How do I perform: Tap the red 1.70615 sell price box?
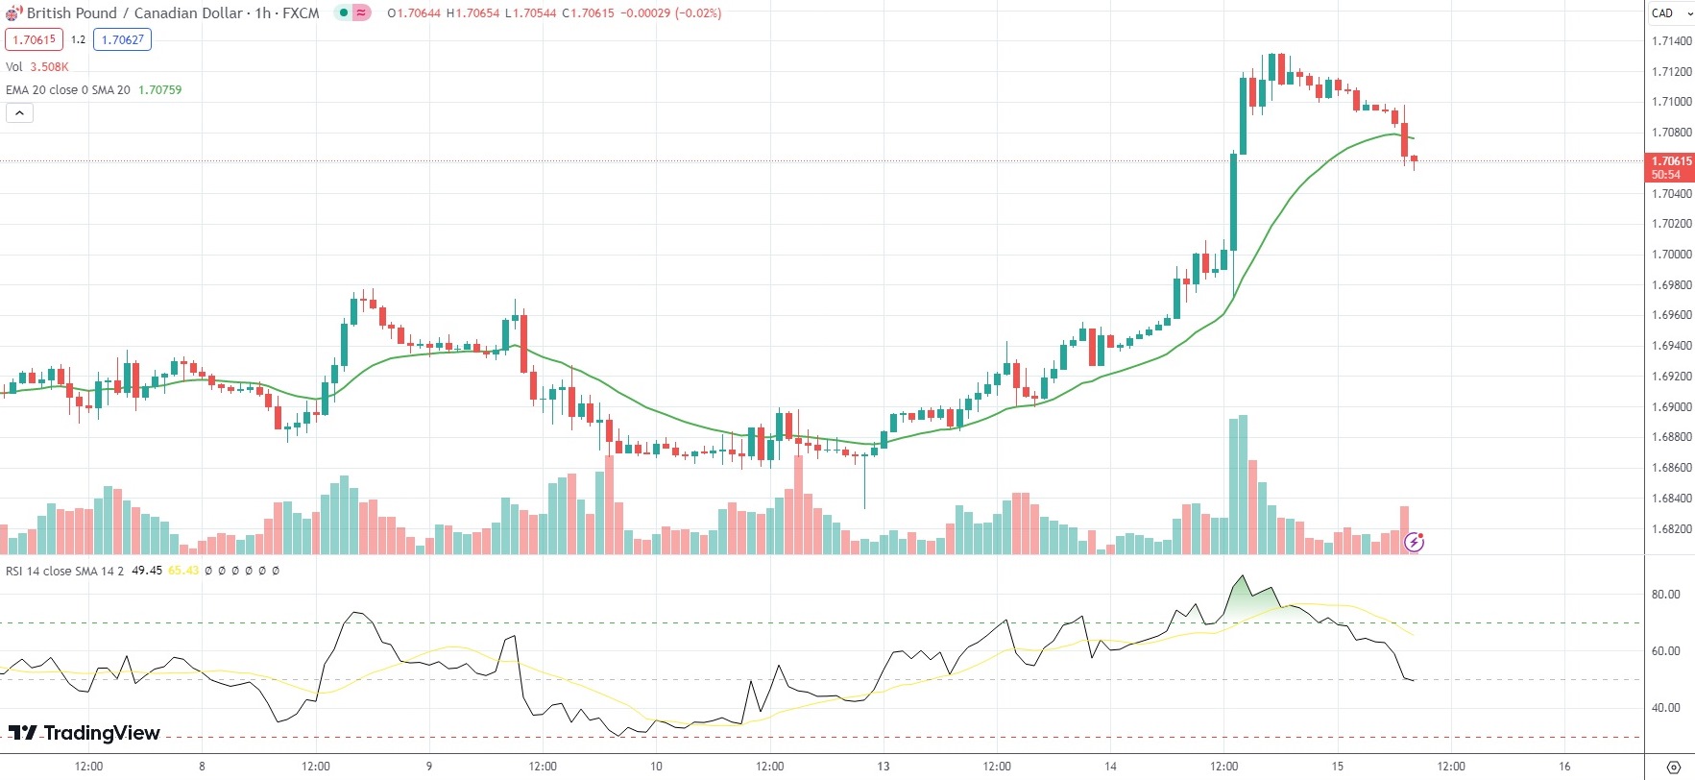pyautogui.click(x=34, y=39)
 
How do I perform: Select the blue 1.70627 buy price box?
pyautogui.click(x=123, y=39)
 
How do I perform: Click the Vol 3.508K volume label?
pyautogui.click(x=36, y=67)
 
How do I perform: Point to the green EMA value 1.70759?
pyautogui.click(x=159, y=90)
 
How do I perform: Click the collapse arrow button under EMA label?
pyautogui.click(x=19, y=113)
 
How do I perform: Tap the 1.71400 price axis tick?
pyautogui.click(x=1671, y=41)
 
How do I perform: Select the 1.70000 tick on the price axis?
pyautogui.click(x=1671, y=255)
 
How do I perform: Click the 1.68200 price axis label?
pyautogui.click(x=1671, y=529)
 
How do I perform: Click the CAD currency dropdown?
pyautogui.click(x=1670, y=13)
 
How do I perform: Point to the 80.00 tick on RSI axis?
pyautogui.click(x=1665, y=595)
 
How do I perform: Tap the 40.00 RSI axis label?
pyautogui.click(x=1665, y=708)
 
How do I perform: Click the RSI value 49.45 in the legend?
pyautogui.click(x=147, y=571)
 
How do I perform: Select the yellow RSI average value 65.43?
pyautogui.click(x=183, y=571)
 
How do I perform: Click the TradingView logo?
pyautogui.click(x=85, y=733)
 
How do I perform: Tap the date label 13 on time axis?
pyautogui.click(x=883, y=767)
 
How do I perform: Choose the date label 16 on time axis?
pyautogui.click(x=1564, y=767)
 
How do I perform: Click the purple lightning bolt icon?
pyautogui.click(x=1414, y=543)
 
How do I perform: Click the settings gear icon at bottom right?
pyautogui.click(x=1674, y=767)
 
